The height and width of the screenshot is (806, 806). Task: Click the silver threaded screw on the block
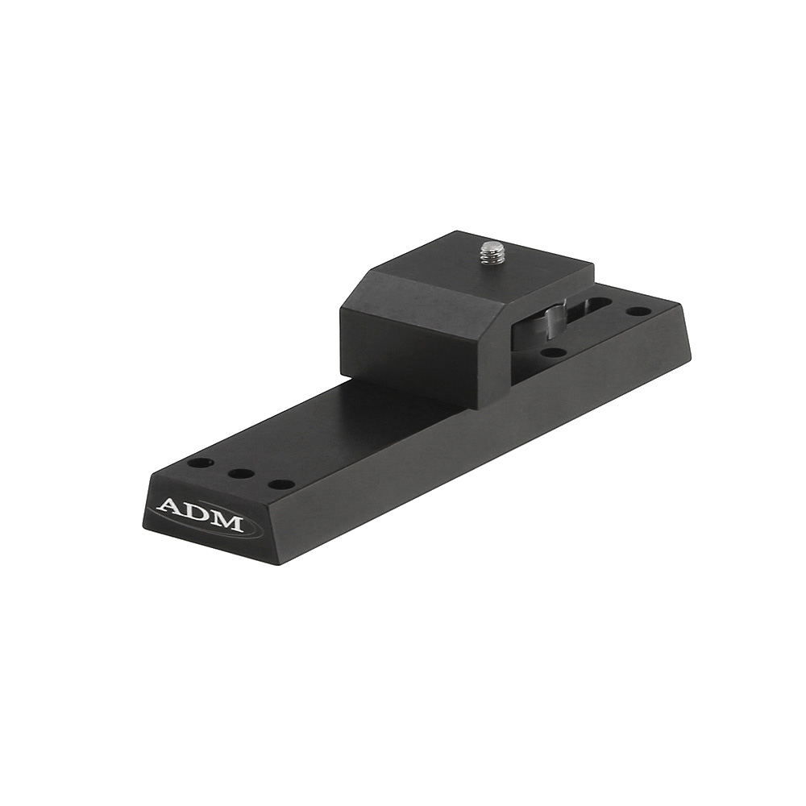(x=491, y=254)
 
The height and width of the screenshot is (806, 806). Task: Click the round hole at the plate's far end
(x=638, y=311)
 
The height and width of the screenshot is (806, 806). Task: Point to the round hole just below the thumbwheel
(x=552, y=352)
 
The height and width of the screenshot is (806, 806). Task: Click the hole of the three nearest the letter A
(x=199, y=464)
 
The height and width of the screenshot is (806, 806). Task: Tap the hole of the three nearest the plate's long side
(x=280, y=484)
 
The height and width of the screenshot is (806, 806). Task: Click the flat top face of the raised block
(x=484, y=266)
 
